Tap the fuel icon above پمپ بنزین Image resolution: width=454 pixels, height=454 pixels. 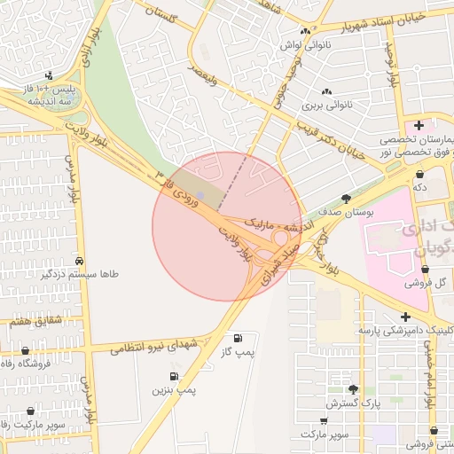click(x=173, y=376)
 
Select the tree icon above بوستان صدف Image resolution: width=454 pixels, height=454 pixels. click(x=345, y=200)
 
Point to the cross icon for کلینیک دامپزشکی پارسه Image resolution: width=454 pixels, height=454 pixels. click(x=405, y=317)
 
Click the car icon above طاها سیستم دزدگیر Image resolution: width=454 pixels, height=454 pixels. click(x=81, y=261)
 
